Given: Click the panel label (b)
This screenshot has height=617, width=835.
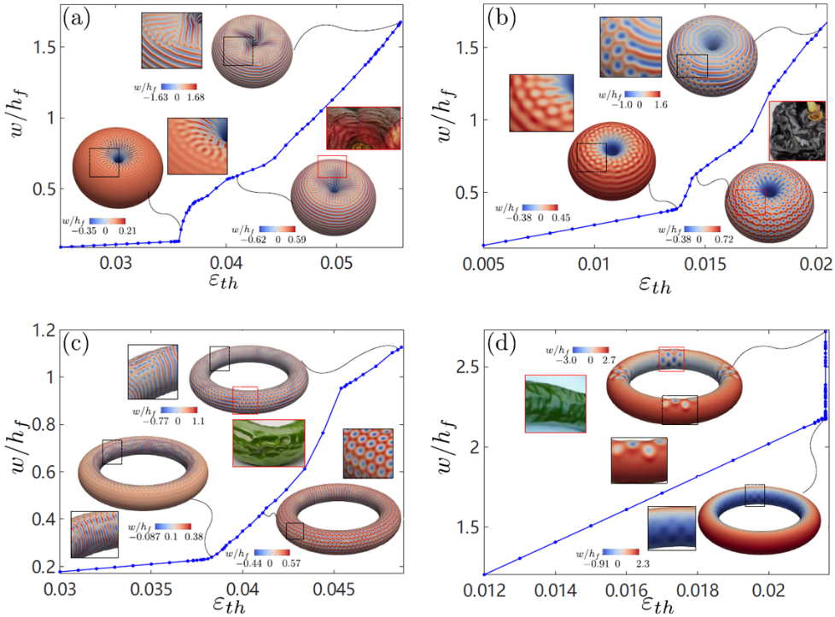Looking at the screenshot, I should (501, 17).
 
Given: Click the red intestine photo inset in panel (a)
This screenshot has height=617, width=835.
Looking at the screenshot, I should (363, 128).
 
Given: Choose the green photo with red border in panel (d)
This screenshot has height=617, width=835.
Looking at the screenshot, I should (555, 404).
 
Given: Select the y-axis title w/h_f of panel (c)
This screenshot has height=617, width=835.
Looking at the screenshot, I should (19, 461).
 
